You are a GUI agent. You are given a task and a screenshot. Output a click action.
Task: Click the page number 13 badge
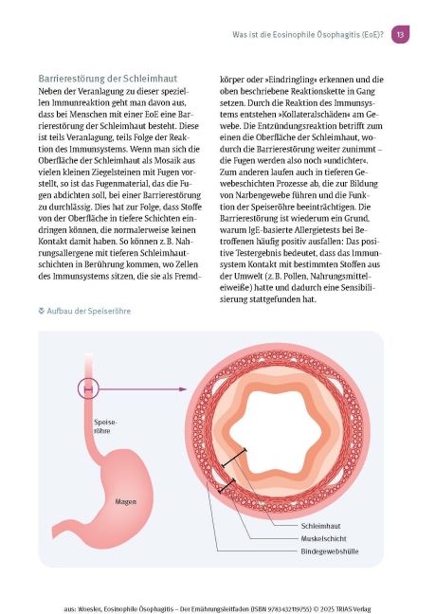(x=400, y=34)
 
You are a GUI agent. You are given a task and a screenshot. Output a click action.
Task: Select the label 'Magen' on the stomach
(x=126, y=501)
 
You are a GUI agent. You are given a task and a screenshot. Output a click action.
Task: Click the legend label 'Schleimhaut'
(x=320, y=524)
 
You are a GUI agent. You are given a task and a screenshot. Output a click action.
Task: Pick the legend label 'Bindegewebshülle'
(x=331, y=551)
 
